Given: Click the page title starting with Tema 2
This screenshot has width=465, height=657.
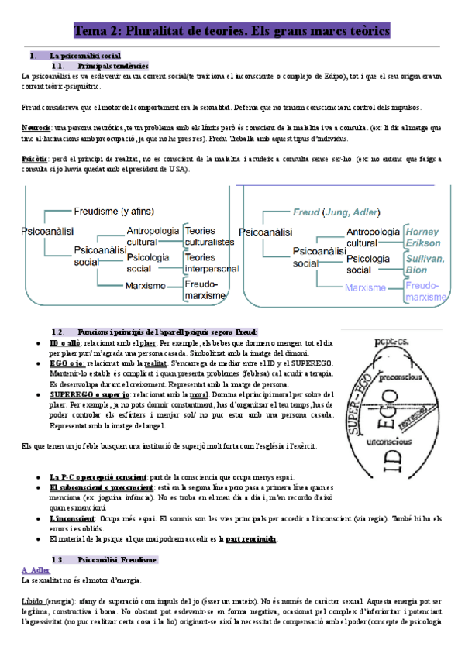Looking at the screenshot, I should (x=232, y=32).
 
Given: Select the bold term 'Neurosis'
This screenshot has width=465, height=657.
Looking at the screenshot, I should (x=36, y=127).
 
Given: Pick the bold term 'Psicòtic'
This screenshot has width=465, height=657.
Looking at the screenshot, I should (x=36, y=158).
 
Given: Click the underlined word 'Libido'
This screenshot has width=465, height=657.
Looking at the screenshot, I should (x=33, y=601).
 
